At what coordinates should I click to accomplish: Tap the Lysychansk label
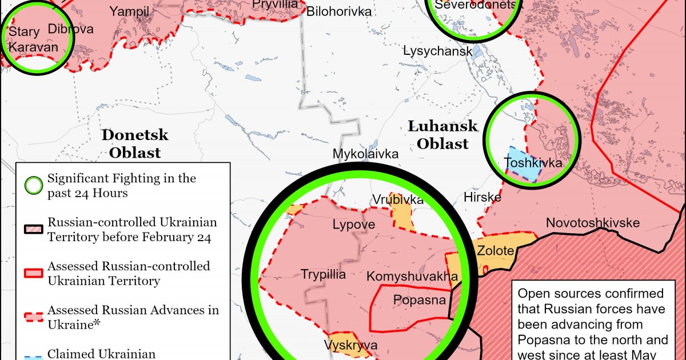[x=437, y=51]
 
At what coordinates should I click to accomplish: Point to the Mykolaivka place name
[x=366, y=154]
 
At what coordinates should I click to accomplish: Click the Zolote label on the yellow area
[x=495, y=250]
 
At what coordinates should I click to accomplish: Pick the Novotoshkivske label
[x=592, y=223]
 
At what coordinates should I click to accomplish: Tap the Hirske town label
[x=482, y=198]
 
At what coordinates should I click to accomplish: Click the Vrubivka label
[x=398, y=200]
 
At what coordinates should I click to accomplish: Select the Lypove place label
[x=354, y=225]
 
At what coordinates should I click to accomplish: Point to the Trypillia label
[x=324, y=275]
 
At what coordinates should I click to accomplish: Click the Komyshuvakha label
[x=412, y=277]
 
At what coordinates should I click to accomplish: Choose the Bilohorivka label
[x=339, y=11]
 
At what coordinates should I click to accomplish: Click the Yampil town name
[x=129, y=11]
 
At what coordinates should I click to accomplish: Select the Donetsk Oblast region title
[x=135, y=143]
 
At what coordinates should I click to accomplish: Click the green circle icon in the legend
[x=34, y=186]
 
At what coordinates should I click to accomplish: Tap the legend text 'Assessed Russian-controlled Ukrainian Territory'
[x=129, y=273]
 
